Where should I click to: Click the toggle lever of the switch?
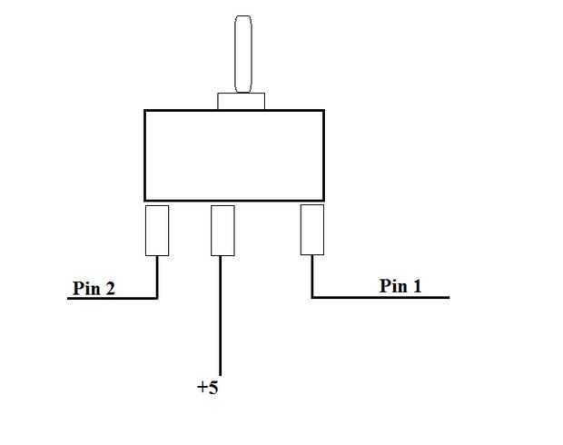(x=242, y=54)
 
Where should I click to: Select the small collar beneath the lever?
(x=242, y=101)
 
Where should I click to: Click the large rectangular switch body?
(x=234, y=155)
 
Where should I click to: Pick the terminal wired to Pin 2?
(x=157, y=230)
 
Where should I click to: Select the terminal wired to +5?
(x=222, y=230)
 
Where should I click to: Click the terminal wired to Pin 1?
(x=312, y=230)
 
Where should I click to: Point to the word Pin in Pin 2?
(x=87, y=289)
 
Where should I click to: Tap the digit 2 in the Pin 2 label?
(x=110, y=289)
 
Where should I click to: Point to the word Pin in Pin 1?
(x=394, y=286)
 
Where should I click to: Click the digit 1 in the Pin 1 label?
(x=417, y=286)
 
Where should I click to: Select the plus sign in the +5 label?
(x=202, y=388)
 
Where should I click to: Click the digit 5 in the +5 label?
(x=213, y=388)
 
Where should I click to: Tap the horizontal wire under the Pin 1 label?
(x=381, y=297)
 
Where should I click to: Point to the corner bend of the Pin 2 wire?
(x=157, y=297)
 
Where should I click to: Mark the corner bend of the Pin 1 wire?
(x=312, y=297)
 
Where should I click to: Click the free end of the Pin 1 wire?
(x=448, y=297)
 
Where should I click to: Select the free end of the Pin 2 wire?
(x=69, y=298)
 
